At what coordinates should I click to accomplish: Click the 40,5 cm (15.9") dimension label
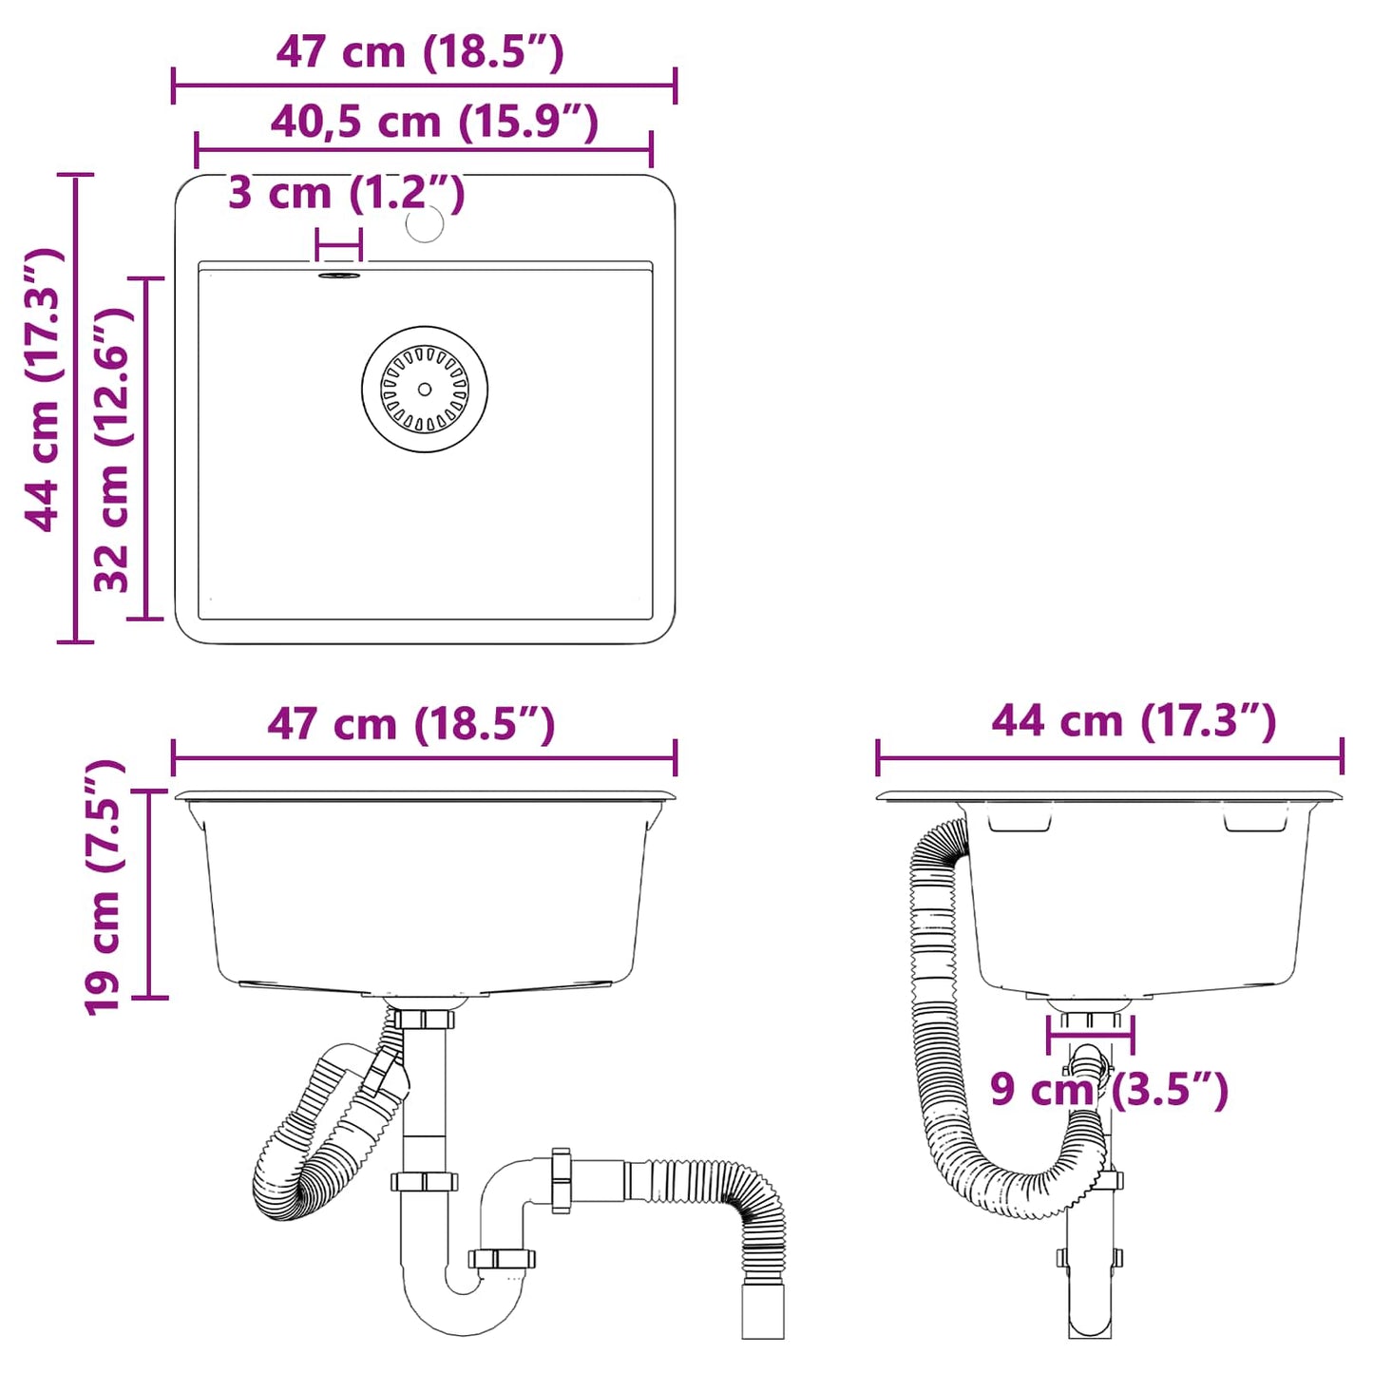434,123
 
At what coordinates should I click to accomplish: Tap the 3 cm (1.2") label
346,193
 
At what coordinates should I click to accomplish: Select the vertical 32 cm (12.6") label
111,448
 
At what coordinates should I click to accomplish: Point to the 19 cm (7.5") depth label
104,887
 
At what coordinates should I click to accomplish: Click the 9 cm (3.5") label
1109,1089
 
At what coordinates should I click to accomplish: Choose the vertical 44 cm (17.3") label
43,390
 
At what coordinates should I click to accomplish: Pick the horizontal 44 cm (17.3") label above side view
1134,721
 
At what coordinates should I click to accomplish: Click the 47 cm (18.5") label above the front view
410,724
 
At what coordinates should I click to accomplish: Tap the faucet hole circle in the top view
425,223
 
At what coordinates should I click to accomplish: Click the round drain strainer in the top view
425,390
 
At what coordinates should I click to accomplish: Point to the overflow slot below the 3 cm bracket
339,276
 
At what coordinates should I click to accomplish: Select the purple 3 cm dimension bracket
339,245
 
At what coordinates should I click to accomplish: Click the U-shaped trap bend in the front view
462,1306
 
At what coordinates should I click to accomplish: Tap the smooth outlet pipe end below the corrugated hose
762,1311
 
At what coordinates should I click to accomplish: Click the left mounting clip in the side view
1019,821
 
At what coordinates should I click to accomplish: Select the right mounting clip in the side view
1254,821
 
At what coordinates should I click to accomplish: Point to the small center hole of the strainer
425,390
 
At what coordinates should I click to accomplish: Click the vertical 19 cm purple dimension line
149,893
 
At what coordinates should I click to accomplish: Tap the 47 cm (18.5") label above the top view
420,52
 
